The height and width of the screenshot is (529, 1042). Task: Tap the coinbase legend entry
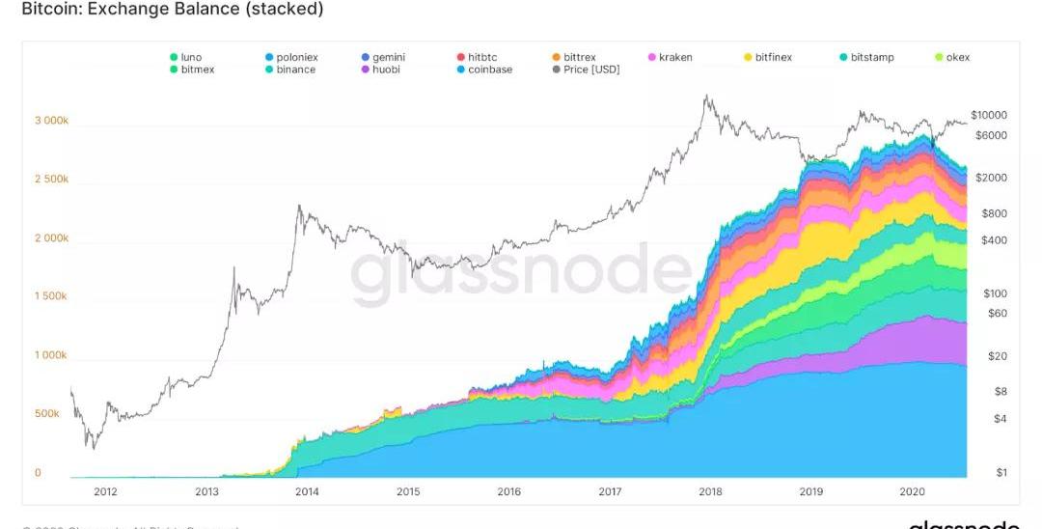[x=489, y=70]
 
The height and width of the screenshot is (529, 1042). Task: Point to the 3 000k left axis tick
[x=51, y=122]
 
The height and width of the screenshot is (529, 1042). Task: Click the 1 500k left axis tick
[x=51, y=296]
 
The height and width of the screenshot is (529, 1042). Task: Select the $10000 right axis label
[x=989, y=115]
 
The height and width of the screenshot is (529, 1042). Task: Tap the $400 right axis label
[x=994, y=240]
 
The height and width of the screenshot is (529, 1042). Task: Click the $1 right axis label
[x=1001, y=472]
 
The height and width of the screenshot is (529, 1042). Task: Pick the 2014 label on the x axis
[x=307, y=492]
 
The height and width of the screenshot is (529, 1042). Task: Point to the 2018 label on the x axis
[x=710, y=492]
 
